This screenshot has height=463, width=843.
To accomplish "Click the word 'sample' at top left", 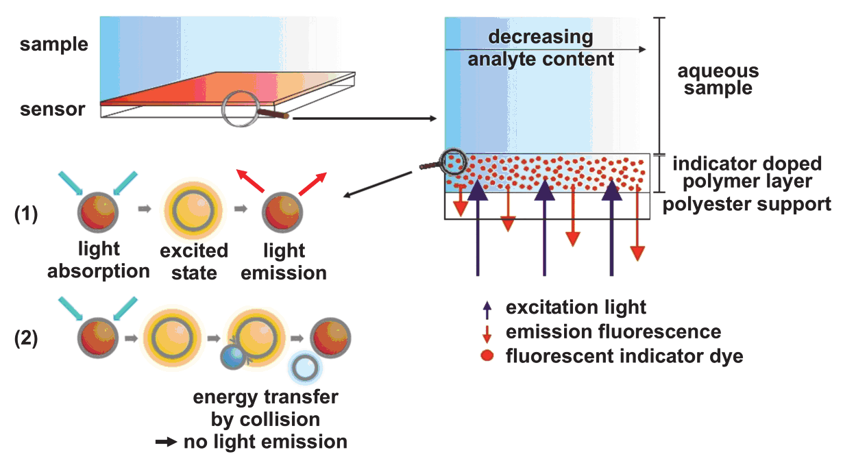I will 54,45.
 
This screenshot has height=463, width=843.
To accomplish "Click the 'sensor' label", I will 52,109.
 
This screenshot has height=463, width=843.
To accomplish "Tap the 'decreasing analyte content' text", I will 541,47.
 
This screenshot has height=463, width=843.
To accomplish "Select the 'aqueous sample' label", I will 718,79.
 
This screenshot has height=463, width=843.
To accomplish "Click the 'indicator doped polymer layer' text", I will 746,173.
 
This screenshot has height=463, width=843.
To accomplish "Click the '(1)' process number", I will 27,213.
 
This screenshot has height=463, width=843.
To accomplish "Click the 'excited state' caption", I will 194,262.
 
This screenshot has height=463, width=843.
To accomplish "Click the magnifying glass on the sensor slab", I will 243,108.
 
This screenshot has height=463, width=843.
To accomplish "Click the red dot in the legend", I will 487,356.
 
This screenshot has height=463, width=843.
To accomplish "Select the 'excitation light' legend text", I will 576,308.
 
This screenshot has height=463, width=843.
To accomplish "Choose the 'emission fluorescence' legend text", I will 613,332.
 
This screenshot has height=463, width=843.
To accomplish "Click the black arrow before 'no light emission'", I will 167,442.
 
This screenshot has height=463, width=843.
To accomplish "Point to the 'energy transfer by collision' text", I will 265,408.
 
